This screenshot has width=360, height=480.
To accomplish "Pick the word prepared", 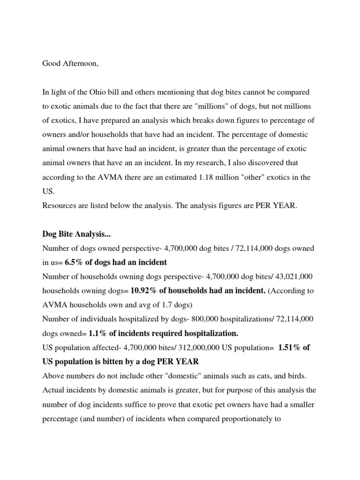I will [127, 120].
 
